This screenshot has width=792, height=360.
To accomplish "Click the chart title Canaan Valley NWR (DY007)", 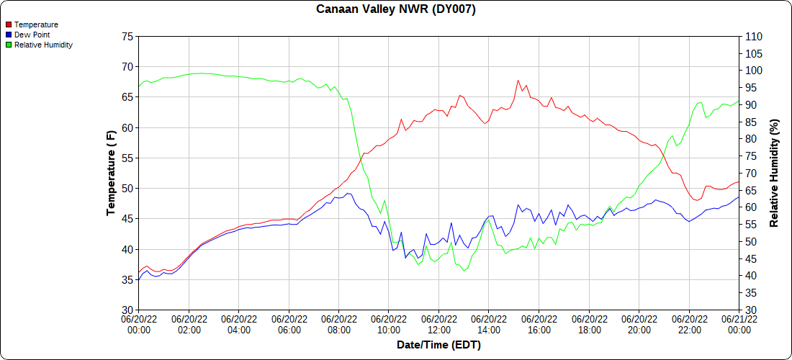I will [396, 9].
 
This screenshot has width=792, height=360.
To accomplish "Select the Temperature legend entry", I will [36, 24].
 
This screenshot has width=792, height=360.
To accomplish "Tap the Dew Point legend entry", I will [33, 35].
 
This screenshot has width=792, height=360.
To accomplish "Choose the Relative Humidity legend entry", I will [43, 45].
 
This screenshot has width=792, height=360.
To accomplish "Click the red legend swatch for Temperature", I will [9, 24].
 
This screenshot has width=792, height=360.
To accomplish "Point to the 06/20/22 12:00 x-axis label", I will [439, 324].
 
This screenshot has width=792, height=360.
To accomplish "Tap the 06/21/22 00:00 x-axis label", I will [739, 324].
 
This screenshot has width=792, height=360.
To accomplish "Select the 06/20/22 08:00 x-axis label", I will [339, 324].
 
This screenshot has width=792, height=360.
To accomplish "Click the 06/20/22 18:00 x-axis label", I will [590, 324].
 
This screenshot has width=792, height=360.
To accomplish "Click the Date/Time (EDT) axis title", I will [438, 345].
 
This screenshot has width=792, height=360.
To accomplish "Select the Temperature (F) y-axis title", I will [111, 173].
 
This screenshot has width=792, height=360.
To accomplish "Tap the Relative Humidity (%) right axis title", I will [774, 173].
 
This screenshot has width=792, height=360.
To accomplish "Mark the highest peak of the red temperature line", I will [518, 81].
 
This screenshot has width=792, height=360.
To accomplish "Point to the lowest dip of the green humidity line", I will [464, 271].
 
